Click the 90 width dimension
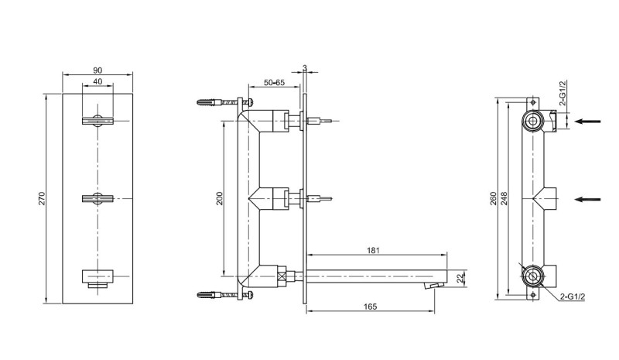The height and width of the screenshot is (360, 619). coord(97,69)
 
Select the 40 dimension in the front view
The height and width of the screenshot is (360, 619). coord(97,81)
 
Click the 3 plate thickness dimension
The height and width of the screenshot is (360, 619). coord(306,68)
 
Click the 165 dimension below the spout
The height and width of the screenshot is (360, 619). coord(370,307)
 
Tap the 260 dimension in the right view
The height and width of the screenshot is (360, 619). coord(494,199)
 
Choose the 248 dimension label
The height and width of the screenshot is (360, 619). coord(504,199)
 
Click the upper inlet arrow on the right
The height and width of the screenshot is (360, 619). coord(590,120)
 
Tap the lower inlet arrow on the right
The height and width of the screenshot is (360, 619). coord(590,199)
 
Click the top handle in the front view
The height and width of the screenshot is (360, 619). coord(98,120)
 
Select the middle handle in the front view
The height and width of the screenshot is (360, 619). coord(98,199)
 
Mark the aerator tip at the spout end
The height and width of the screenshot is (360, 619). coord(433,286)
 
